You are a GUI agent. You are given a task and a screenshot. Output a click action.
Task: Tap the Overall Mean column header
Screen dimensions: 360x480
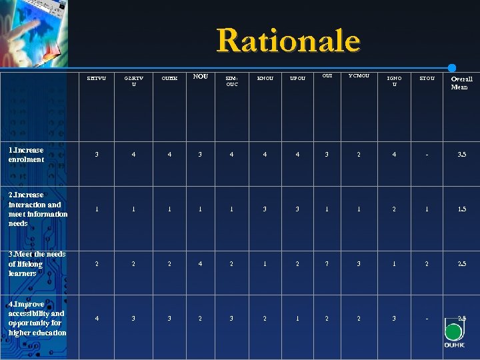coord(461,83)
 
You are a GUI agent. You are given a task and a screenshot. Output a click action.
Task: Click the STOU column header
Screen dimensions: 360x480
coord(427,79)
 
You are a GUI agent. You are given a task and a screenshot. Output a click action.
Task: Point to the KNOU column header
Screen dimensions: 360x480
coord(265,79)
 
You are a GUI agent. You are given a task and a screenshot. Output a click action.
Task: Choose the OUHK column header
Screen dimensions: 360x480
coord(169,79)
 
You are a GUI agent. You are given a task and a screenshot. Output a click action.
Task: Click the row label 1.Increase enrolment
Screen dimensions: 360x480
coord(27,155)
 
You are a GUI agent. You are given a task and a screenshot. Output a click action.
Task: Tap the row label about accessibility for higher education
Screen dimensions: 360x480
coord(37,318)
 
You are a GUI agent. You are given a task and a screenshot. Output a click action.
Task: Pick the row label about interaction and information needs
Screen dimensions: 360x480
coord(38,209)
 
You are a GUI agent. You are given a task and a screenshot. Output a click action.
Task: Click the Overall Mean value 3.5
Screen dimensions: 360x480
coord(461,155)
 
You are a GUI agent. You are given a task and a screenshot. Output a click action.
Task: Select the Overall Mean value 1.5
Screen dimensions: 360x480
coord(461,209)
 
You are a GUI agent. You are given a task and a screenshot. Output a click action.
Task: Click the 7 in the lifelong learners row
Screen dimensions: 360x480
coord(327,263)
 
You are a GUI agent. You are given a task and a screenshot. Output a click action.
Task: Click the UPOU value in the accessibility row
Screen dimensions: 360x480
coord(297,318)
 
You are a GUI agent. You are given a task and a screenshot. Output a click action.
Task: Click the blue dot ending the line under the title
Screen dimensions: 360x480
coord(451,68)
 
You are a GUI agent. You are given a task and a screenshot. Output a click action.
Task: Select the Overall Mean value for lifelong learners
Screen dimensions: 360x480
coord(461,263)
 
